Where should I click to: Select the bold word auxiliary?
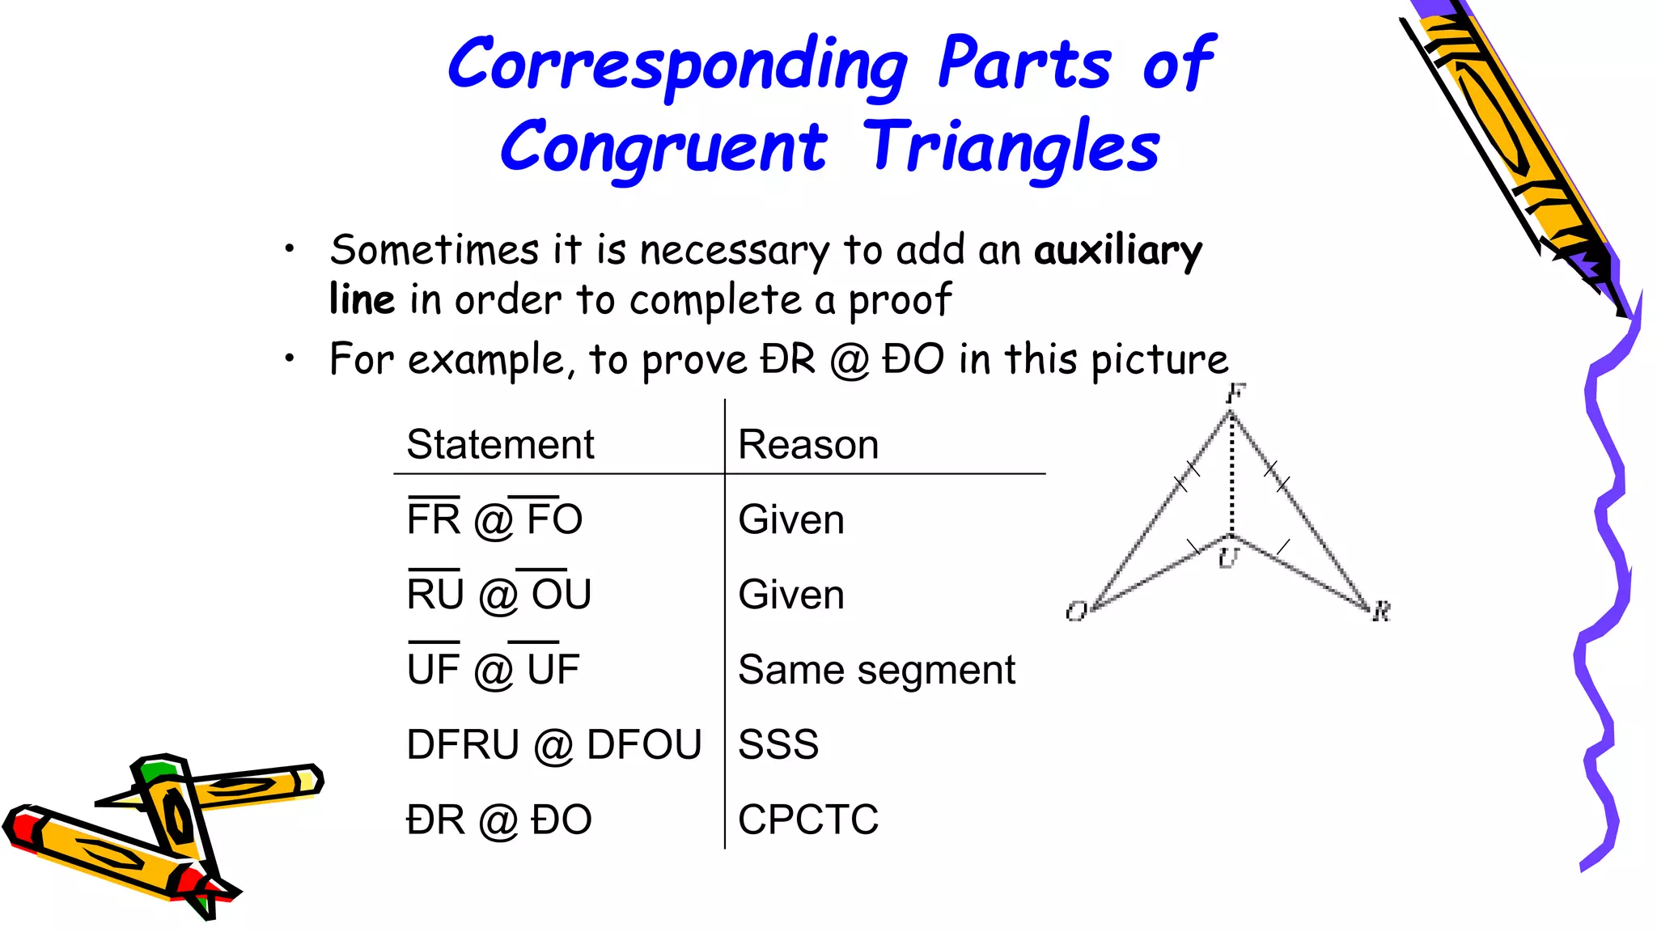pyautogui.click(x=1118, y=251)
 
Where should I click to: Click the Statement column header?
pyautogui.click(x=500, y=444)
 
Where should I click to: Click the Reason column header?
pyautogui.click(x=807, y=444)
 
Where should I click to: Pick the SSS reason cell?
pyautogui.click(x=778, y=744)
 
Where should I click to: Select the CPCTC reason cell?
pyautogui.click(x=807, y=820)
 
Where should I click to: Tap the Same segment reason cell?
pyautogui.click(x=876, y=670)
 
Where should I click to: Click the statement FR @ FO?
pyautogui.click(x=494, y=519)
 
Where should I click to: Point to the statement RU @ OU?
pyautogui.click(x=499, y=594)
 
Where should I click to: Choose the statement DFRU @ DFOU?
pyautogui.click(x=553, y=744)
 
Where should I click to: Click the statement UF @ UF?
pyautogui.click(x=493, y=669)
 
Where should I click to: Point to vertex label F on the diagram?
pyautogui.click(x=1235, y=394)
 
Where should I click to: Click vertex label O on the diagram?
pyautogui.click(x=1076, y=612)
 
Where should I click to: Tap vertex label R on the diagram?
pyautogui.click(x=1381, y=611)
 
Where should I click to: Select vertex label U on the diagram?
pyautogui.click(x=1228, y=557)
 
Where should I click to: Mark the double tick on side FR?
pyautogui.click(x=1277, y=477)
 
